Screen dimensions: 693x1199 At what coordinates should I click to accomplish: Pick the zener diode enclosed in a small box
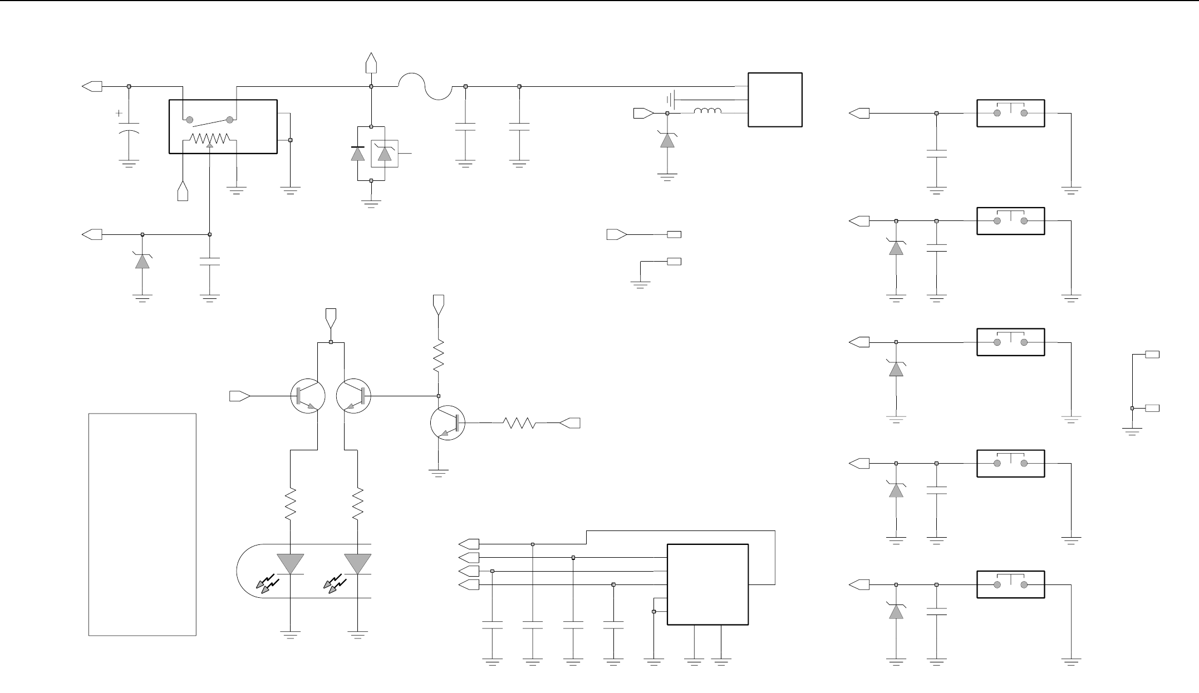385,153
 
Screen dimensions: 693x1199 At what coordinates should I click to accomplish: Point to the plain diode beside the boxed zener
357,153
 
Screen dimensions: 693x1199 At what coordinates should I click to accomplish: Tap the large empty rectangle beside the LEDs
142,524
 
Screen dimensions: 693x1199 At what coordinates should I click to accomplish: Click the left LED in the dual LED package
290,564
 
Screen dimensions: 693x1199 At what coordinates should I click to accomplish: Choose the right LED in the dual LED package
358,564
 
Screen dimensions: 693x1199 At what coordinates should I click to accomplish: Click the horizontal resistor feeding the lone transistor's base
519,424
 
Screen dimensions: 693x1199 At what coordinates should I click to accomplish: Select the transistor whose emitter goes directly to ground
447,424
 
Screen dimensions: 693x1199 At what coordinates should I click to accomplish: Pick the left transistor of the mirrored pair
308,396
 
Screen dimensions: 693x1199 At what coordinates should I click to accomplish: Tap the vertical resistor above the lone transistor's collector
439,356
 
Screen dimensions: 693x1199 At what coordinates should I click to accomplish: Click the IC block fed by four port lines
707,584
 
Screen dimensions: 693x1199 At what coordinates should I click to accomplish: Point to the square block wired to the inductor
775,100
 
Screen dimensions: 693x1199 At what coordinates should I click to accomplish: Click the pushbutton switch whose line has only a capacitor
1010,114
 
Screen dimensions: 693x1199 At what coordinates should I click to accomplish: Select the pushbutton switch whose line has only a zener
1010,342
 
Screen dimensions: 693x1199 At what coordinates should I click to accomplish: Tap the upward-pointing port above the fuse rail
371,62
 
